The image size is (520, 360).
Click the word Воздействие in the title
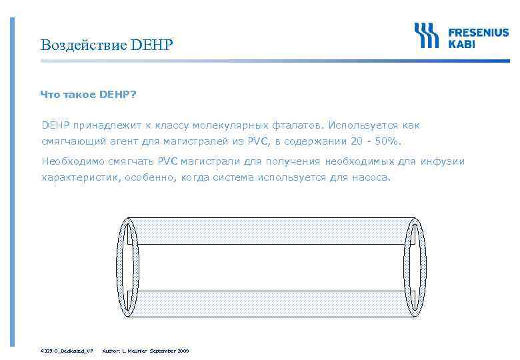tap(83, 45)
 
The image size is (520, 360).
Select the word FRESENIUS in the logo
tap(477, 31)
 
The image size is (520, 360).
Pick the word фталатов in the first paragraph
tap(296, 125)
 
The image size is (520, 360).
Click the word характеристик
tap(80, 178)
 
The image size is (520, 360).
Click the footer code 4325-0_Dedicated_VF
tap(66, 350)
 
